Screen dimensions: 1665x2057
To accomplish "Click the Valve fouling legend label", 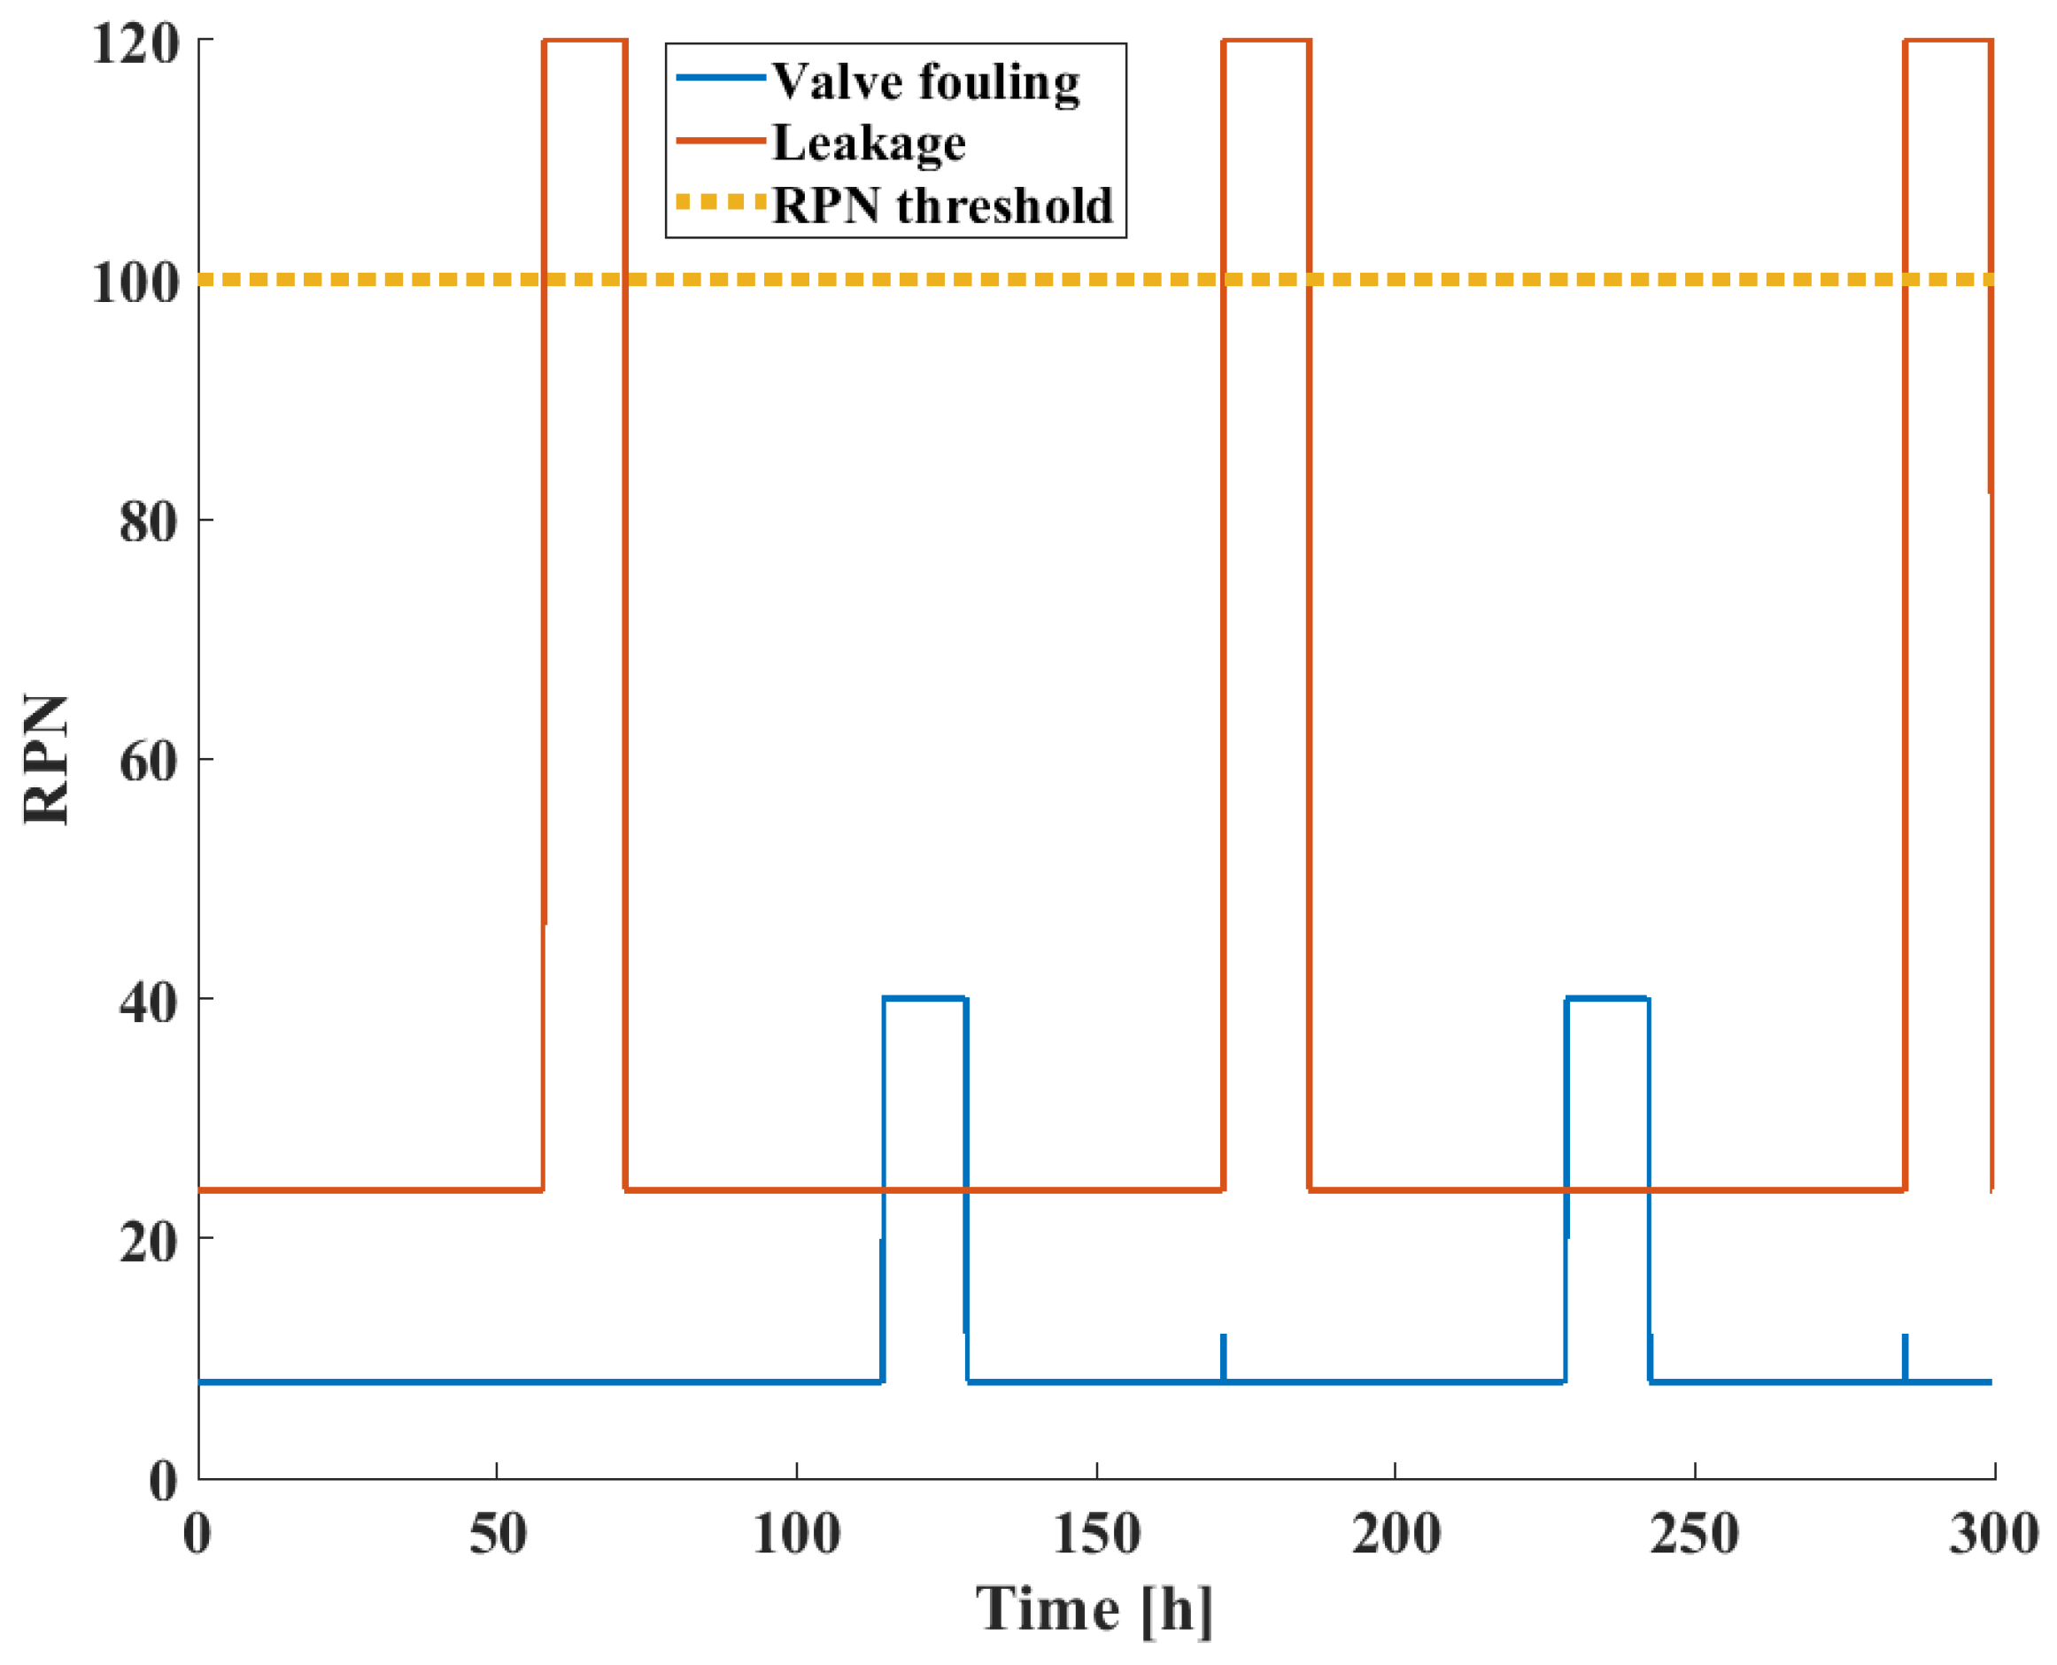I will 925,81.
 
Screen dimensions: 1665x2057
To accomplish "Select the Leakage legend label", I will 869,143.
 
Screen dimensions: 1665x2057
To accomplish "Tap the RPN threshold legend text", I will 941,205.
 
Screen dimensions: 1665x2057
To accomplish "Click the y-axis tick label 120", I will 135,43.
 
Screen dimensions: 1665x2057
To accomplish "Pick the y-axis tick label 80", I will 150,523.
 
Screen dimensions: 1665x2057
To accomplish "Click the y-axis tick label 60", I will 150,763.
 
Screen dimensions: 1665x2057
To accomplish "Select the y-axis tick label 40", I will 150,1003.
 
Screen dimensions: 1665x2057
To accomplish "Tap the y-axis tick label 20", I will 150,1243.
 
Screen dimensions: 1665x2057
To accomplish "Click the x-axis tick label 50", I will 497,1534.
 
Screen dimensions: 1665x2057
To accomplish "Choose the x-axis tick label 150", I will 1096,1534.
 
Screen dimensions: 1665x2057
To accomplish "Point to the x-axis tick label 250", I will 1694,1534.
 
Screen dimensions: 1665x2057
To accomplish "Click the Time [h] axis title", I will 1094,1609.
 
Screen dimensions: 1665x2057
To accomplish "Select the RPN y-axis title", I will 46,760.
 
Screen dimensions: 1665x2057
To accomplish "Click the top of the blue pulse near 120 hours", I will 924,998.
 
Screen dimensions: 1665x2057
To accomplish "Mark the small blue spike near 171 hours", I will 1224,1353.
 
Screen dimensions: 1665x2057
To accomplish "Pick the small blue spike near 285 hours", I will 1905,1353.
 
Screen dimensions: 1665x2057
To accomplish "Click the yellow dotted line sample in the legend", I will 720,201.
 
